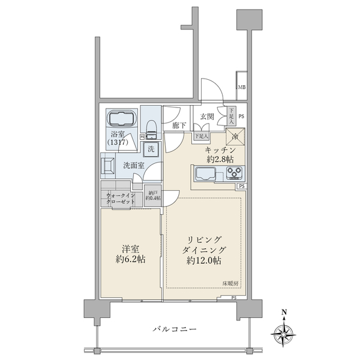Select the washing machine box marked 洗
(x=152, y=149)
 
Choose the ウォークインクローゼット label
(x=121, y=199)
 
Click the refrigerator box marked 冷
(x=235, y=136)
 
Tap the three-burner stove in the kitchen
(x=235, y=175)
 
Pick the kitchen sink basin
(x=206, y=175)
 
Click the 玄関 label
(x=207, y=116)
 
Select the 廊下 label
(x=178, y=126)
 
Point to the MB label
(x=242, y=88)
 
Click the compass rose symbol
(x=284, y=331)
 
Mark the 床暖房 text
(x=231, y=283)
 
